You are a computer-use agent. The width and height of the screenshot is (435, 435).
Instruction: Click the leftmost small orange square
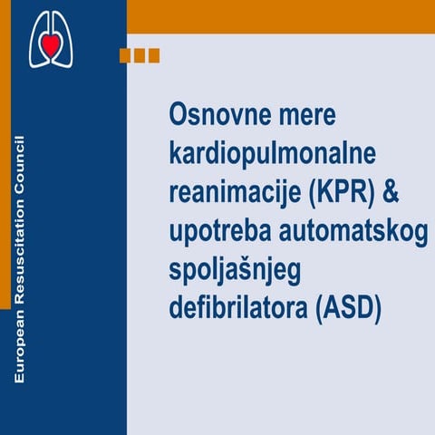click(125, 55)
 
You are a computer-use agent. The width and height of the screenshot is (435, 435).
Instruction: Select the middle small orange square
click(140, 55)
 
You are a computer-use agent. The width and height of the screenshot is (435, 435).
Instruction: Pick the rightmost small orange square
click(153, 55)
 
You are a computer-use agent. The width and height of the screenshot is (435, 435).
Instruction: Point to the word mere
click(298, 116)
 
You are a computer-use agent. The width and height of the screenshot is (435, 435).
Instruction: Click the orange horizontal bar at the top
click(280, 16)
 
